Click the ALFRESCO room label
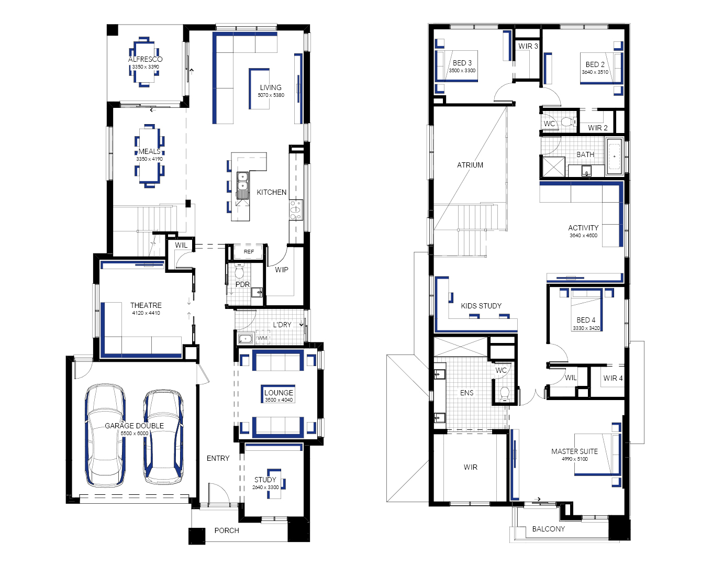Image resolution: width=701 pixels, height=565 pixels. point(146,59)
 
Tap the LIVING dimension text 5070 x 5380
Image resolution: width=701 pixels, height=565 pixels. point(271,95)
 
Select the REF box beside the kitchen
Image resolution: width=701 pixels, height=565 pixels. point(249,251)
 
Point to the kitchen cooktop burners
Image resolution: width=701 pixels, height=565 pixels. point(296,210)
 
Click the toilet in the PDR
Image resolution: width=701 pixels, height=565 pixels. point(239,271)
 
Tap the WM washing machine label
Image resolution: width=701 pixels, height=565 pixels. point(262,338)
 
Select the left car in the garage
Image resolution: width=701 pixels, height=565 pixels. point(105,435)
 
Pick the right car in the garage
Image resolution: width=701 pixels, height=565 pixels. point(163,437)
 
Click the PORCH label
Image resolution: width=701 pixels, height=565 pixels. point(227,530)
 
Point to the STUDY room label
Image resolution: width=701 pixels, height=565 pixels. point(265,480)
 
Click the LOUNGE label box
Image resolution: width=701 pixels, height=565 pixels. point(279,394)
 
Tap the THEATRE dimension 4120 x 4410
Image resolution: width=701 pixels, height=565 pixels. point(146,313)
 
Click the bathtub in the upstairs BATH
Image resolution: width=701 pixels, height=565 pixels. point(614,157)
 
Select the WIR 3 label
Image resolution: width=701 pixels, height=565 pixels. point(528,46)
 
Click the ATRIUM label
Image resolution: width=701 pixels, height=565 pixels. point(470,165)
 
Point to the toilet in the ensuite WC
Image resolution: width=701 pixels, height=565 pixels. point(505,394)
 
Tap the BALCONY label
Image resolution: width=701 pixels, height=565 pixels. point(549,529)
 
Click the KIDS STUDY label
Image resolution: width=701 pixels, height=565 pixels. point(481,306)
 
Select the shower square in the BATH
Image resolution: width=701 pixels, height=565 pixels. point(553,167)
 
